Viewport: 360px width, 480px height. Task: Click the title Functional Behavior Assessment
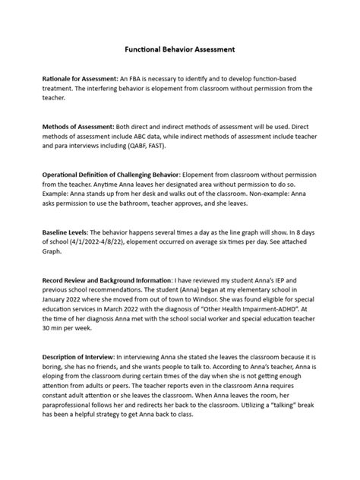[x=180, y=49]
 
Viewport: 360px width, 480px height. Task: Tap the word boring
[x=60, y=366]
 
